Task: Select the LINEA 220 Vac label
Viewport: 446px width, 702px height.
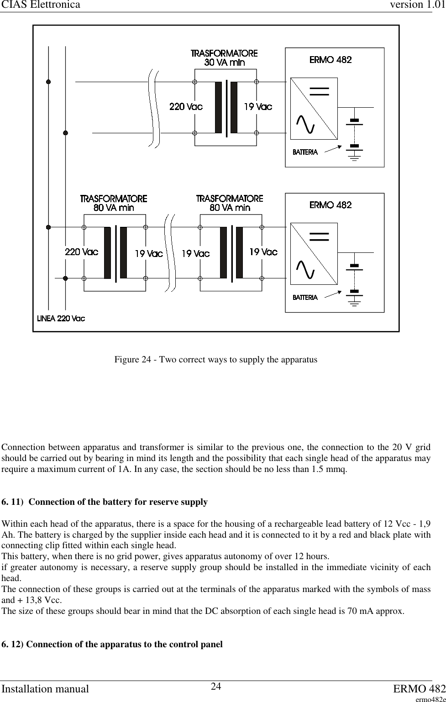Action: tap(61, 318)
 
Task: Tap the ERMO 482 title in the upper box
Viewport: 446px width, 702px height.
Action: tap(331, 59)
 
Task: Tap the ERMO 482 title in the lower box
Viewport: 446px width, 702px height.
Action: tap(331, 205)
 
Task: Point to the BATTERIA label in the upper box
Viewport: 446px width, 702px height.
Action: tap(305, 152)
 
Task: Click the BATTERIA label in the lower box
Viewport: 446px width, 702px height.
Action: tap(305, 298)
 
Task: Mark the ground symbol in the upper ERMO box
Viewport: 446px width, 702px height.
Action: tap(354, 158)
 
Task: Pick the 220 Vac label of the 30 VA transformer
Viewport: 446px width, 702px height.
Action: tap(186, 107)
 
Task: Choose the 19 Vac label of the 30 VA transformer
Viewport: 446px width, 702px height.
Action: tap(258, 107)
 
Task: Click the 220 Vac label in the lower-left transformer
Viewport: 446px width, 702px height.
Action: tap(81, 252)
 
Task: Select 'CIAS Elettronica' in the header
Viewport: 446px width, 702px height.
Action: tap(40, 5)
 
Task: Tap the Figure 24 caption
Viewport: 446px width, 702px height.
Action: tap(215, 360)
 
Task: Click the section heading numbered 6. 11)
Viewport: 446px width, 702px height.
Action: tap(105, 502)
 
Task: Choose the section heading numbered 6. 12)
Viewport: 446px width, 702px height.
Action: tap(112, 644)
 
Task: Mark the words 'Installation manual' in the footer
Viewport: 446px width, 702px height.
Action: tap(46, 688)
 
